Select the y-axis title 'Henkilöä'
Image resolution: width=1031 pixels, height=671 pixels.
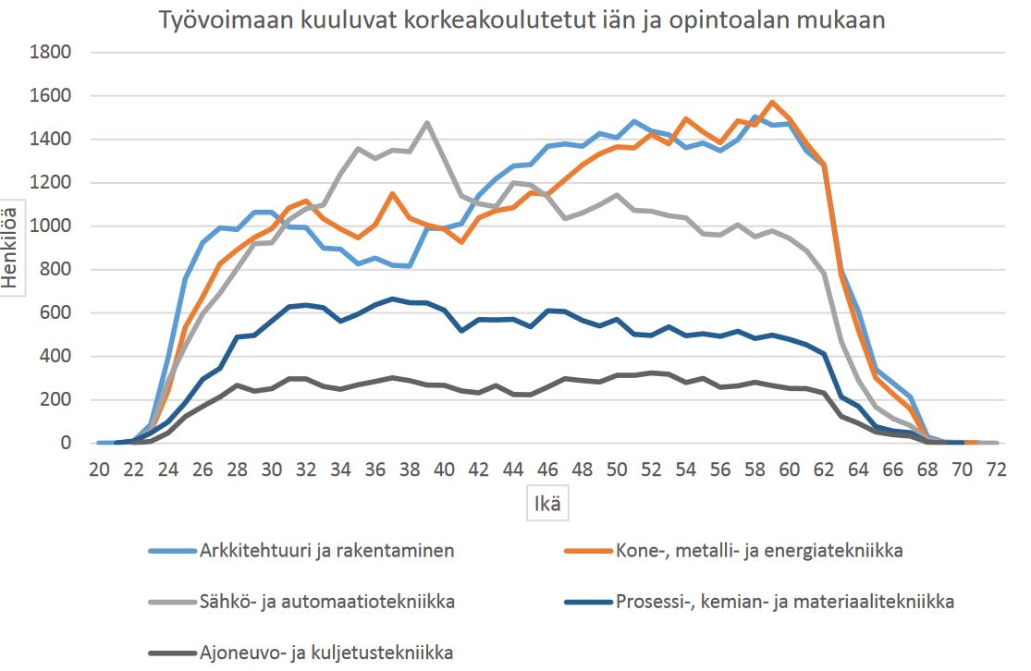click(12, 247)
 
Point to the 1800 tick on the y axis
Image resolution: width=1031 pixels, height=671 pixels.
click(53, 52)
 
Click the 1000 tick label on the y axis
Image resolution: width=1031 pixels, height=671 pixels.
click(53, 226)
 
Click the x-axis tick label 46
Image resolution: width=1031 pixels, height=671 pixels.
click(547, 470)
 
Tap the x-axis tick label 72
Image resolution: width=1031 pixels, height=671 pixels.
click(997, 470)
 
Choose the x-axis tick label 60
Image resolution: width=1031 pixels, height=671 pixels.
click(790, 470)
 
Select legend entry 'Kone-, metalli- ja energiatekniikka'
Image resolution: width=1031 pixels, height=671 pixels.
click(758, 552)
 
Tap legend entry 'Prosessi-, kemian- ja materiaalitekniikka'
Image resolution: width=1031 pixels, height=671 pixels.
click(783, 603)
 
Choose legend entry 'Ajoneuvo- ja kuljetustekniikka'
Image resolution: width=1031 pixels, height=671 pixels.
click(325, 653)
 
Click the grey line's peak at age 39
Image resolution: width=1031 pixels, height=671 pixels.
click(426, 122)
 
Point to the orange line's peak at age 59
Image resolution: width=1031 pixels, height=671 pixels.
click(772, 103)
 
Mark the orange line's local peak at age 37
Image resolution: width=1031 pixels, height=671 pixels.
click(392, 193)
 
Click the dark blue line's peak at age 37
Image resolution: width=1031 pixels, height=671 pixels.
click(392, 299)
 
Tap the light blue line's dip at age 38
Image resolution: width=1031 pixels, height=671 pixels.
click(410, 266)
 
